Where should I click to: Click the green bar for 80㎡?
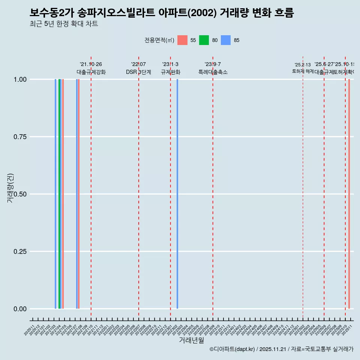(x=59, y=194)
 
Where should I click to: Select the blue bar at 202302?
(x=177, y=194)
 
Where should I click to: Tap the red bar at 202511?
(x=349, y=194)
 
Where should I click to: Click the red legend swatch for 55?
(x=182, y=40)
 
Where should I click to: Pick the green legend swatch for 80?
(x=204, y=40)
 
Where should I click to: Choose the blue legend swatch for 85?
(x=226, y=40)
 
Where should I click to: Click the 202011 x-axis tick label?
(x=30, y=330)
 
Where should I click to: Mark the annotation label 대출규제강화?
(x=91, y=72)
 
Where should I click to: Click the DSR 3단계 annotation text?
(x=138, y=72)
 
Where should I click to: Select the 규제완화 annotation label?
(x=171, y=72)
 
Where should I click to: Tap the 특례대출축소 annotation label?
(x=213, y=72)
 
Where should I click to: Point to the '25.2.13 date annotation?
(x=303, y=65)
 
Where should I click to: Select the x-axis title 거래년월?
(x=191, y=340)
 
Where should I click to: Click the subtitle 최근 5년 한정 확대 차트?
(x=64, y=24)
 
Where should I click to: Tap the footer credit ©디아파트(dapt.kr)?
(x=232, y=349)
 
